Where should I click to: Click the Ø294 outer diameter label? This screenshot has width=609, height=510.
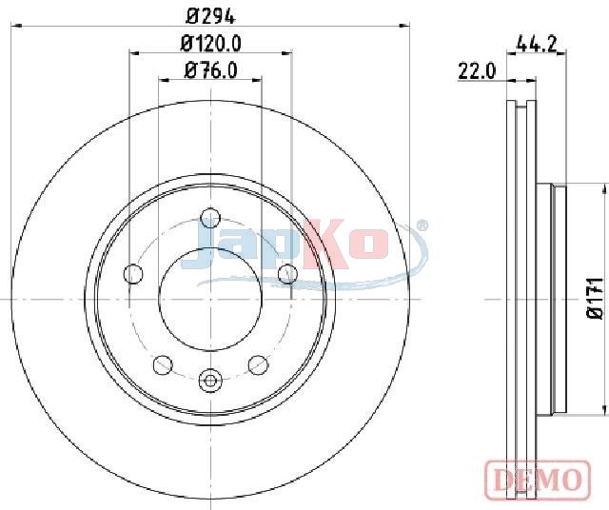[211, 16]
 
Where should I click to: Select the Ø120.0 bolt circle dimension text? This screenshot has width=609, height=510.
[211, 44]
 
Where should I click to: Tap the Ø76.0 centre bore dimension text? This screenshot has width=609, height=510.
[211, 70]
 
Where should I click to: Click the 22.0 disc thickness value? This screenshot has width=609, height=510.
[478, 71]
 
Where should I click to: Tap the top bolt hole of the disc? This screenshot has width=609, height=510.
[210, 218]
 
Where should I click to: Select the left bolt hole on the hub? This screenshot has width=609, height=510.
[133, 274]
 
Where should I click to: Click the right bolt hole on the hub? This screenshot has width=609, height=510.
[287, 274]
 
